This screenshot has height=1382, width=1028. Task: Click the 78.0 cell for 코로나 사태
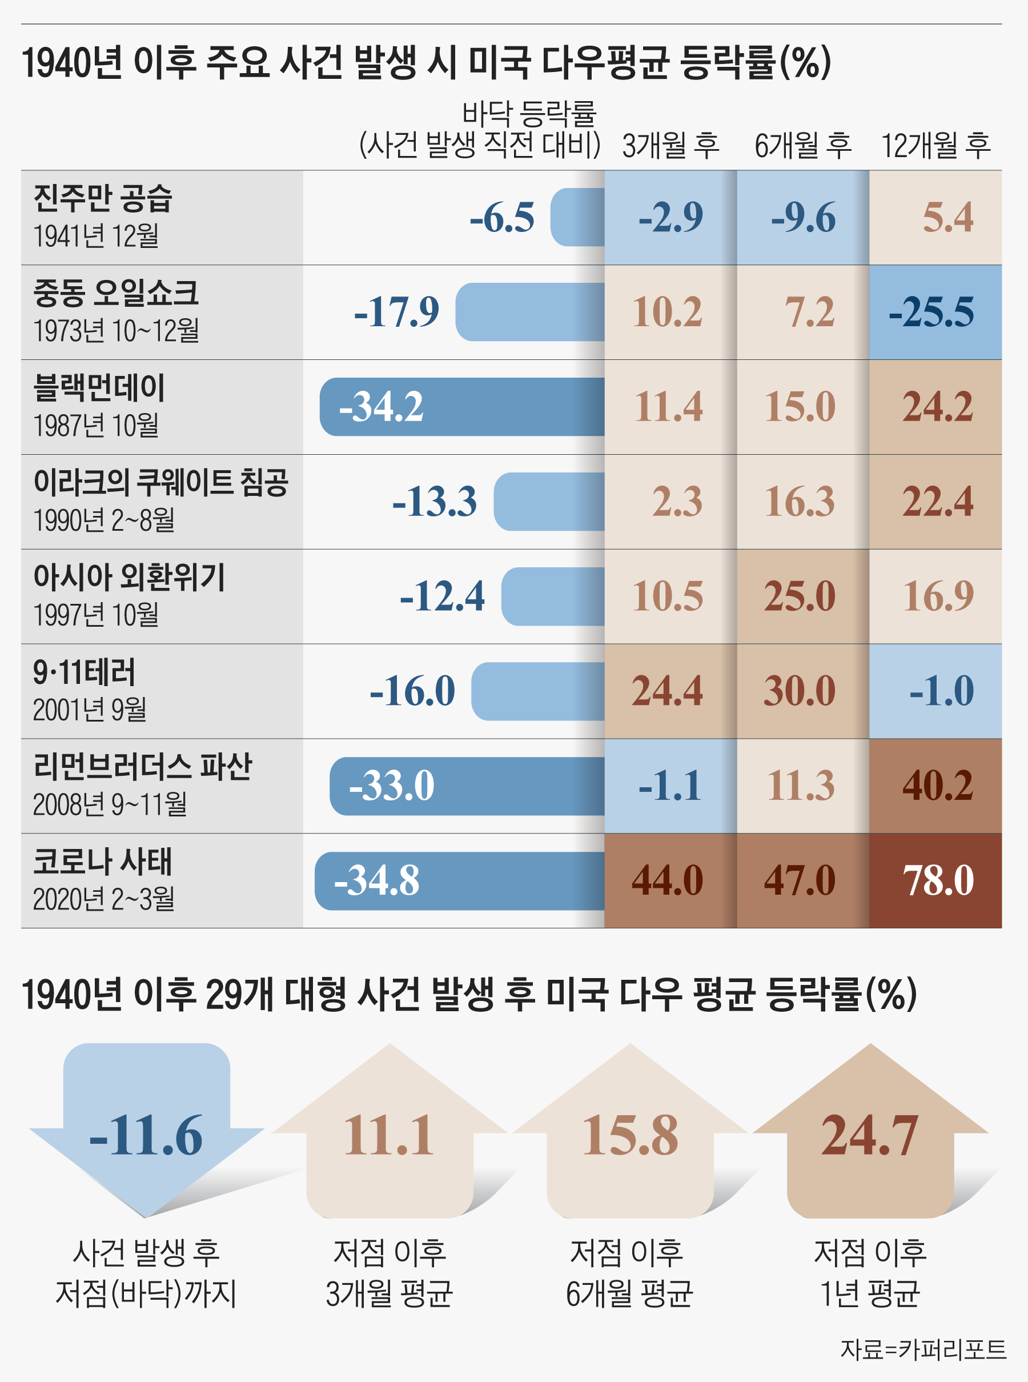click(x=935, y=880)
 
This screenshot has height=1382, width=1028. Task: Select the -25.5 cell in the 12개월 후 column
click(x=935, y=312)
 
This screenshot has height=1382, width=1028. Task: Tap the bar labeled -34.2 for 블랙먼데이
click(x=461, y=407)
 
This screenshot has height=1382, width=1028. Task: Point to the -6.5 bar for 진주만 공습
click(x=577, y=217)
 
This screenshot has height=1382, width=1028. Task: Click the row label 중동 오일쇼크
click(x=116, y=293)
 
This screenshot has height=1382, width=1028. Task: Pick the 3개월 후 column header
click(x=671, y=146)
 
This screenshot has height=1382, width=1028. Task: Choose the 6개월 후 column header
click(x=803, y=146)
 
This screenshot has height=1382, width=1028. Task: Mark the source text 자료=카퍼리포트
click(x=923, y=1349)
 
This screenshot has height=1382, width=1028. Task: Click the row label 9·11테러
click(x=84, y=672)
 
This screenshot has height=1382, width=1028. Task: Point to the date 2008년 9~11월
click(x=110, y=804)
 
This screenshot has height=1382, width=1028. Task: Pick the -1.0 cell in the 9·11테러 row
click(x=935, y=691)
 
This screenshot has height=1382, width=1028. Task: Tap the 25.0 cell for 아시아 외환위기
click(x=803, y=596)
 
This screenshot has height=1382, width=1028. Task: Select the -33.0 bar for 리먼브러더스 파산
click(x=467, y=786)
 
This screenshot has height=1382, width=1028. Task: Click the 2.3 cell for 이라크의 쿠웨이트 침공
click(x=671, y=502)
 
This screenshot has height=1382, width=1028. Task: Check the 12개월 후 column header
click(x=935, y=146)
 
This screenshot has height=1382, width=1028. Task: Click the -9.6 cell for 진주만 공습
click(x=803, y=217)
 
